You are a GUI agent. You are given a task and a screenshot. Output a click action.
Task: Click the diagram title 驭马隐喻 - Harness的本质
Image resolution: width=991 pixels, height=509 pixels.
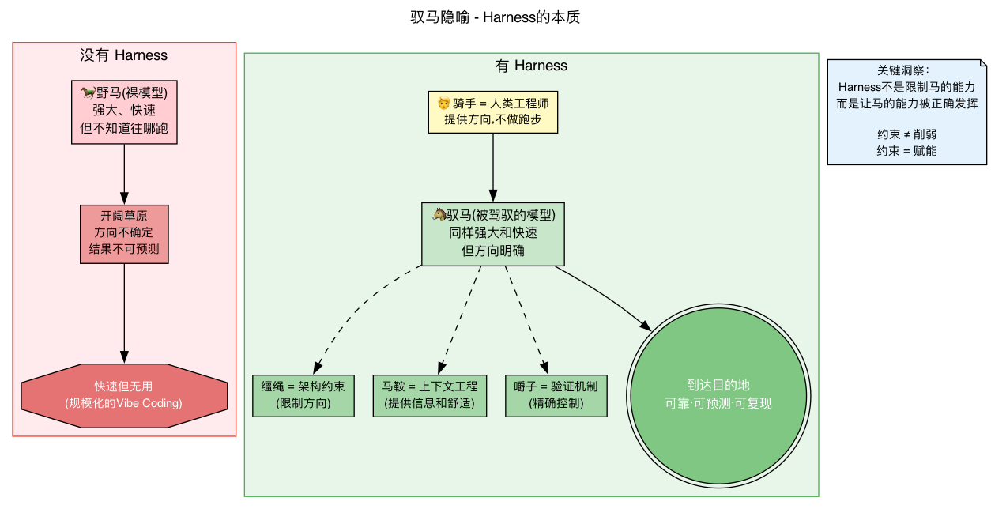(495, 17)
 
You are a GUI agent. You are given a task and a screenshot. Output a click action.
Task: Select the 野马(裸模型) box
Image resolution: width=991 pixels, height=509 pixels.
(124, 111)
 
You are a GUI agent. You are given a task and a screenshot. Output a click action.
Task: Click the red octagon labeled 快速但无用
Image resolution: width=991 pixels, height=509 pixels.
(124, 395)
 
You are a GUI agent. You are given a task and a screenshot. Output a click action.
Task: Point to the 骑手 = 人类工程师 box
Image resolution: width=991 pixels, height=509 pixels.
(493, 111)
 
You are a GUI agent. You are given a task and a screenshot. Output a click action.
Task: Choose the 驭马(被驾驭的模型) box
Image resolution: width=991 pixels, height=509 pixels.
(493, 234)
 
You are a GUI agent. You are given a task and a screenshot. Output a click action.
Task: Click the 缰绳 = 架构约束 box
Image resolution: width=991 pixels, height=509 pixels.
(303, 395)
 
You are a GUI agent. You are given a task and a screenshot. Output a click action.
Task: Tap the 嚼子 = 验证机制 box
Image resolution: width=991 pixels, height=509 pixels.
(556, 395)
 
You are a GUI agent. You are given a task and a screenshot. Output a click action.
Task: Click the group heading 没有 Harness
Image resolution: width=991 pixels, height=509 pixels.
(124, 55)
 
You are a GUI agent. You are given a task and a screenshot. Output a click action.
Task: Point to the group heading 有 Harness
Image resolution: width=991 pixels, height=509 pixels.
(531, 66)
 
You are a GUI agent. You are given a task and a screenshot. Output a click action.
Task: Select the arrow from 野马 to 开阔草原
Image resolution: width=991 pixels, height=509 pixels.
(124, 174)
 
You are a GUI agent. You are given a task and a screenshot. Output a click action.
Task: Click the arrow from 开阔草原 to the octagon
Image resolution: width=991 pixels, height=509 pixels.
(124, 312)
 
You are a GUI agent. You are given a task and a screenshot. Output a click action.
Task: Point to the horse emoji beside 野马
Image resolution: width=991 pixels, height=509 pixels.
(88, 92)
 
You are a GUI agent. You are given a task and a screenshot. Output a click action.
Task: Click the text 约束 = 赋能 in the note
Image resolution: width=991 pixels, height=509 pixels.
(906, 151)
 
